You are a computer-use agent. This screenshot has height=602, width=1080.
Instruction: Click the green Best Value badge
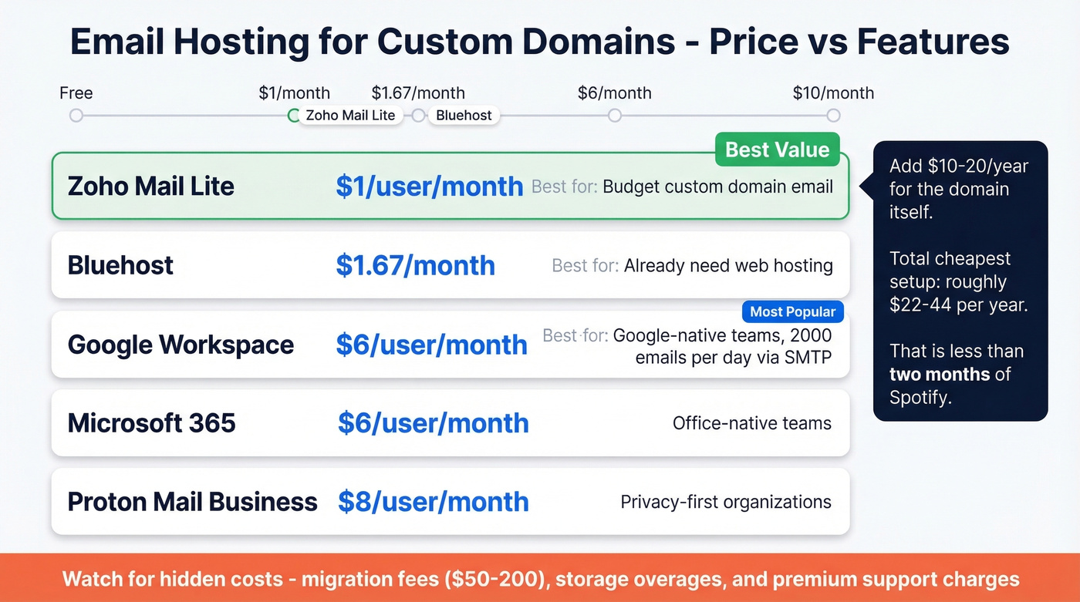click(777, 150)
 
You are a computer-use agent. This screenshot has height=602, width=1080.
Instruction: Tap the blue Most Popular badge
click(792, 311)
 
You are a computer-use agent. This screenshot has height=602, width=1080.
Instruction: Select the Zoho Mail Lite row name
click(151, 186)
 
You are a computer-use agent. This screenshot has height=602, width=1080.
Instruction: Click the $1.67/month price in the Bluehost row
click(415, 265)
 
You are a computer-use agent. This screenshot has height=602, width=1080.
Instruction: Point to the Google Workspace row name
click(181, 345)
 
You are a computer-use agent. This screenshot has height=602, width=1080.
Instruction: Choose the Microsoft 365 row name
click(151, 423)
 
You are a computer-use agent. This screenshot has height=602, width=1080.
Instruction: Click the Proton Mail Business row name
click(192, 502)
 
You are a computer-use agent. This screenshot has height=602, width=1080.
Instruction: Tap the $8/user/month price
click(433, 502)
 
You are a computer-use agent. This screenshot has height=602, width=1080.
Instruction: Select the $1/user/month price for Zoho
click(429, 186)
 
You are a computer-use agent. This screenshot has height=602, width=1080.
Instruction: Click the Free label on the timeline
click(76, 93)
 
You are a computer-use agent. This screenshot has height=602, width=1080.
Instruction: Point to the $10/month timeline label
click(833, 93)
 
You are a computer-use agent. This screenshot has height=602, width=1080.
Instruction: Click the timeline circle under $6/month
click(614, 116)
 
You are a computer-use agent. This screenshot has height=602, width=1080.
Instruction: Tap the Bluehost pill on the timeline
click(464, 116)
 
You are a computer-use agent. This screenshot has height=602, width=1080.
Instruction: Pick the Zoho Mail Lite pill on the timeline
click(350, 116)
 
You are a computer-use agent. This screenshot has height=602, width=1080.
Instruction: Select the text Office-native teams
click(751, 423)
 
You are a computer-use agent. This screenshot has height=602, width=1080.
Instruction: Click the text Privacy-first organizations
click(726, 502)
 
